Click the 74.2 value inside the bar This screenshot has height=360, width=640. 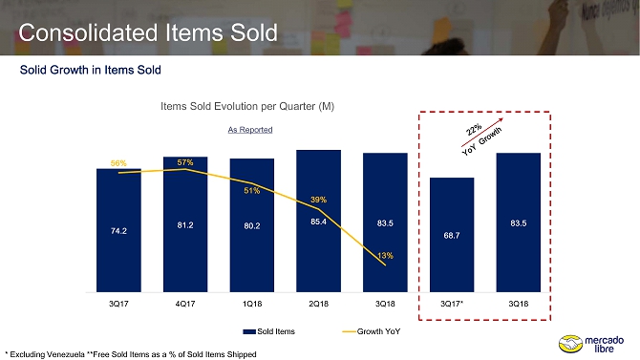click(118, 231)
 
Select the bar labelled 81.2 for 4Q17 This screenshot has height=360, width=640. click(185, 224)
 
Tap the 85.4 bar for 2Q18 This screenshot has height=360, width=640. click(318, 221)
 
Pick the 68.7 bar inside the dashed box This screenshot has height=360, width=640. click(452, 235)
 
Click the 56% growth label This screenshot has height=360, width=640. click(118, 163)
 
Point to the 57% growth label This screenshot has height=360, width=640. click(185, 162)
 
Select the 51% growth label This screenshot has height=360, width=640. click(252, 191)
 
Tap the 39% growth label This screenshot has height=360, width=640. click(318, 200)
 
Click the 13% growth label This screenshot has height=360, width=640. click(385, 256)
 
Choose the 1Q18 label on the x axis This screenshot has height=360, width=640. click(252, 304)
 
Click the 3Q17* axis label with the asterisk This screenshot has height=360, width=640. click(452, 304)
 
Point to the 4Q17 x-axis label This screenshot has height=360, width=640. click(185, 304)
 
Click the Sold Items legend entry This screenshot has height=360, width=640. click(269, 331)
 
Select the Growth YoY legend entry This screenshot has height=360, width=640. click(372, 331)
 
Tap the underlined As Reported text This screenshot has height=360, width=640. click(250, 130)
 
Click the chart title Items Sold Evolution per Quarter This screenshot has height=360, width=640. click(247, 106)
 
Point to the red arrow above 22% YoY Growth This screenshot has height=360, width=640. click(482, 132)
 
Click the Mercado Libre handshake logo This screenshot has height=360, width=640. click(570, 344)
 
